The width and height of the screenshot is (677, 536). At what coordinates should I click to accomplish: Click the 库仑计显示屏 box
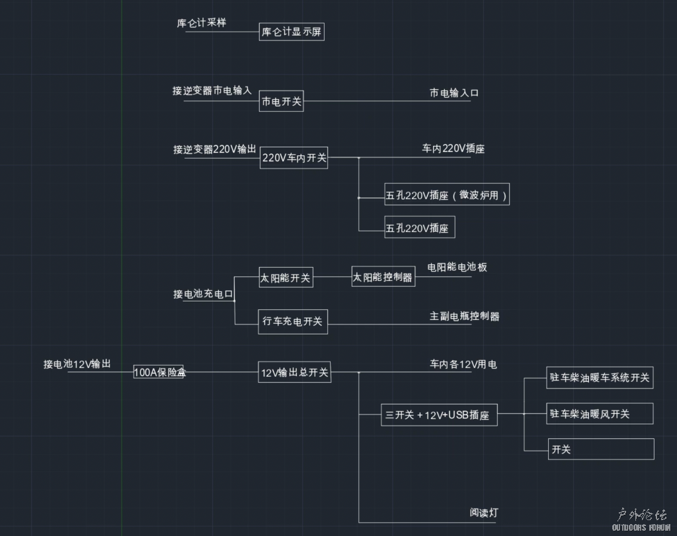coord(292,31)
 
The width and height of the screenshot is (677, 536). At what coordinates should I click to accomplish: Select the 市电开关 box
coord(282,102)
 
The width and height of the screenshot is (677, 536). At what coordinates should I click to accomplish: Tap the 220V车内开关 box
coord(294,158)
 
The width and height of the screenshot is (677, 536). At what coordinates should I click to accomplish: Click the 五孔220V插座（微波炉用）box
coord(447,195)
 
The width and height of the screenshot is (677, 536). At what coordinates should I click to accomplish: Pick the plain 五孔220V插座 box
coord(420,228)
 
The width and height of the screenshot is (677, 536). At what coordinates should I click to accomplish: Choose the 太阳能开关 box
coord(286,278)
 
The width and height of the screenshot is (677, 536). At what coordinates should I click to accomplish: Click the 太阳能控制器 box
coord(383,277)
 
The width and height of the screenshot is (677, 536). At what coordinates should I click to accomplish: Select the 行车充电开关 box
coord(293,321)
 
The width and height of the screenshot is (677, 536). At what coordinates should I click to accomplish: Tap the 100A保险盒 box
coord(159,372)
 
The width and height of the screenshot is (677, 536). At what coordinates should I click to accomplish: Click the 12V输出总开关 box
coord(294,372)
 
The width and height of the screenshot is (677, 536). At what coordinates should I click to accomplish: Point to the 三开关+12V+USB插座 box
coord(439,415)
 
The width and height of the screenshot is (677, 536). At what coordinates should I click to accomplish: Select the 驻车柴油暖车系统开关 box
coord(600,378)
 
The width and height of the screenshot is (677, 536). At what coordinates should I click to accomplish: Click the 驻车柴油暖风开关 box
coord(600,414)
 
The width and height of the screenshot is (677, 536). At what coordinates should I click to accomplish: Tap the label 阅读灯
coord(484,512)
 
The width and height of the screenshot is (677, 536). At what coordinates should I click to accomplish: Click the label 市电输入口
coord(454,93)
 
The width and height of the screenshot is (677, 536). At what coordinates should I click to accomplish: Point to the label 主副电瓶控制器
coord(464,316)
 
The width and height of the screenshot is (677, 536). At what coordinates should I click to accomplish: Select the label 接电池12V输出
coord(77,364)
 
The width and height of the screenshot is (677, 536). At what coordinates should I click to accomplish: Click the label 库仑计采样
coord(202,22)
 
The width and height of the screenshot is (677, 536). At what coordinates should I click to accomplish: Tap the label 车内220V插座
coord(454,149)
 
